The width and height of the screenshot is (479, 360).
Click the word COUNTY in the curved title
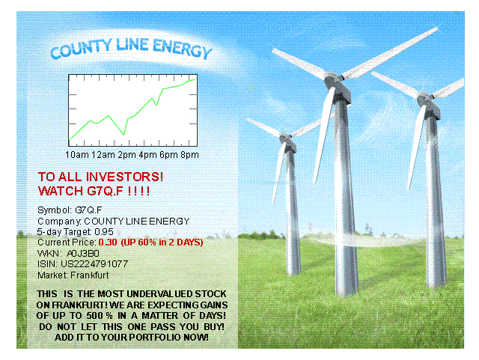(81, 49)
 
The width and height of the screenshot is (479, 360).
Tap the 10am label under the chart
(76, 155)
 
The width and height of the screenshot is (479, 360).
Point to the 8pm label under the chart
(189, 155)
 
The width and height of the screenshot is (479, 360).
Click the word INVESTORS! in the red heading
(125, 177)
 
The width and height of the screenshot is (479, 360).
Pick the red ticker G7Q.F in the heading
(105, 191)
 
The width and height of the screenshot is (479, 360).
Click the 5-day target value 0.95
(104, 232)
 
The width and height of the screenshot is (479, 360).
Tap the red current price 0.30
(108, 242)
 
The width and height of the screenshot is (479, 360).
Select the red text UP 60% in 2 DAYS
(162, 242)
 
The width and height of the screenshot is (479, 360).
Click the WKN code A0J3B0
(83, 253)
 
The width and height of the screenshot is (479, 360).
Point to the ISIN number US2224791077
(94, 263)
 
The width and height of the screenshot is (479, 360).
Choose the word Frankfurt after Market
(90, 275)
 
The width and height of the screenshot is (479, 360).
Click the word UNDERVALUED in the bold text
(159, 294)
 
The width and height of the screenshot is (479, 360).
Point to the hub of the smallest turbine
(284, 138)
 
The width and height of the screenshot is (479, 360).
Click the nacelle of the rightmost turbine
(430, 106)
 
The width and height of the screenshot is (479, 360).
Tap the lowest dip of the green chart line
(123, 135)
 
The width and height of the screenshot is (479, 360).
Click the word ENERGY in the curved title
(182, 49)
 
